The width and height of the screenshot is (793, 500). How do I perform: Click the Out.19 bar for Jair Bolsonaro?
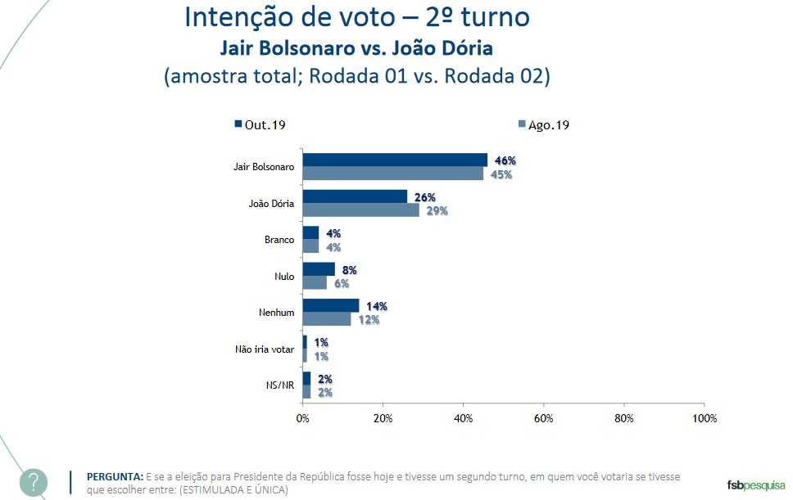click(x=395, y=160)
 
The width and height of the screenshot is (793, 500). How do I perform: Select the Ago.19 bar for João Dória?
click(x=360, y=210)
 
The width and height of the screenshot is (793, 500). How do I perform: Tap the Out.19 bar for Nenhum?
click(x=331, y=305)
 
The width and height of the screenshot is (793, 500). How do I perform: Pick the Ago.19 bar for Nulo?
click(x=315, y=282)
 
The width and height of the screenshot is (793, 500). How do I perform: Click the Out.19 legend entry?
click(x=259, y=124)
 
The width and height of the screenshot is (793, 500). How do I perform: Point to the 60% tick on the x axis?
click(x=544, y=418)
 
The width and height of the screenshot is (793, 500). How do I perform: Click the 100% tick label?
click(x=704, y=418)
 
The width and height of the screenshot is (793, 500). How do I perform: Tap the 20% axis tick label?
click(x=383, y=418)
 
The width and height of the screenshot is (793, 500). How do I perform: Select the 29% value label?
click(x=437, y=211)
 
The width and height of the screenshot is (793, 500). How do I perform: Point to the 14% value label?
click(x=376, y=306)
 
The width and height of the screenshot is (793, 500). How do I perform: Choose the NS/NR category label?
click(x=280, y=385)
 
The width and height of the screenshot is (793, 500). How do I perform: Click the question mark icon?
click(x=34, y=482)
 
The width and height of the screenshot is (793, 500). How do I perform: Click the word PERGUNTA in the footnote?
click(x=115, y=476)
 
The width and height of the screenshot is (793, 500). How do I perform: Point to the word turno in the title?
click(x=497, y=18)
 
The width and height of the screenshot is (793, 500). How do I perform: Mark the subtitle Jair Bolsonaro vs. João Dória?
click(x=356, y=47)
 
